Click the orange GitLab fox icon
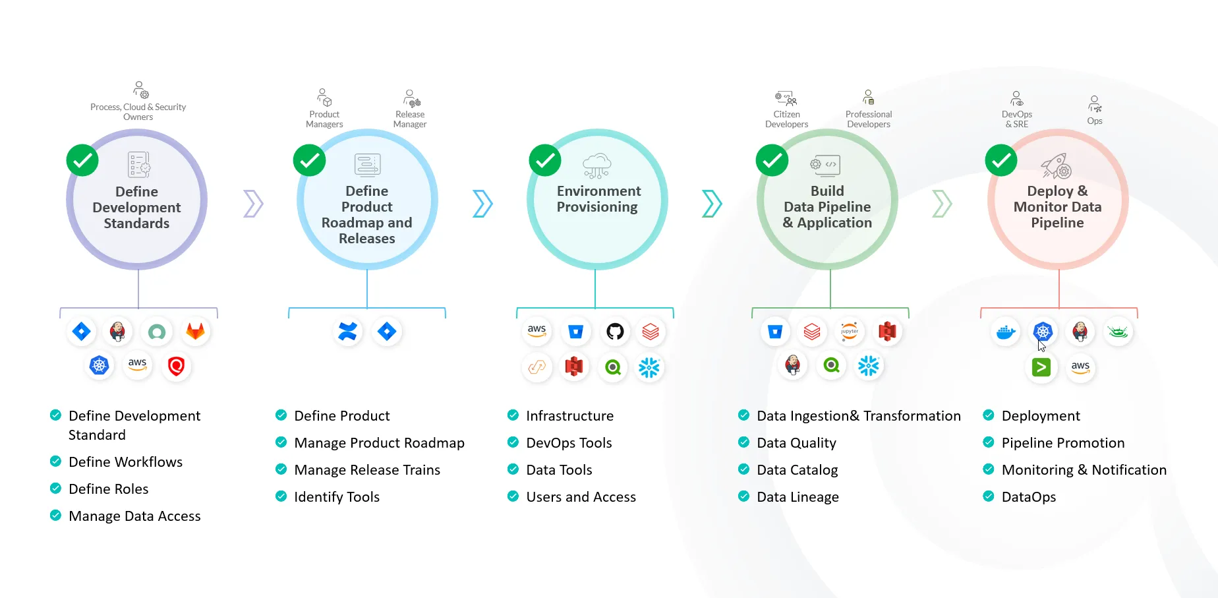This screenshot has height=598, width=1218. tap(195, 331)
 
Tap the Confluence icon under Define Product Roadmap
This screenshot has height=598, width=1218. tap(347, 331)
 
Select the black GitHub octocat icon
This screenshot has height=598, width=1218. tap(614, 331)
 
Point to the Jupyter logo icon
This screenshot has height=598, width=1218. tap(850, 331)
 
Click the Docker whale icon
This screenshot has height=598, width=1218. tap(1006, 332)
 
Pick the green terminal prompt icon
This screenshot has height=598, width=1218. tap(1041, 367)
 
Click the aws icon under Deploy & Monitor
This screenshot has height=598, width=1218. tap(1080, 367)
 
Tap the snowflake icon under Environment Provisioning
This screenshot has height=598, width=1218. tap(649, 367)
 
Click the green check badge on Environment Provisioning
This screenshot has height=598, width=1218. tap(545, 160)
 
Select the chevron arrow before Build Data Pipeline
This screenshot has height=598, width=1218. tap(712, 204)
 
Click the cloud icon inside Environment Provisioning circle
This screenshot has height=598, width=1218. tap(597, 165)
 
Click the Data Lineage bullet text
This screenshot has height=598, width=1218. tap(797, 497)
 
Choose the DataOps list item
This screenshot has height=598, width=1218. tap(1028, 497)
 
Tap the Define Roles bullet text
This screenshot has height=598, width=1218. tap(109, 489)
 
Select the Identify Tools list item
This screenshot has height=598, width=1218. tap(337, 497)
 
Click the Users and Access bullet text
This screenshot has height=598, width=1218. tap(581, 497)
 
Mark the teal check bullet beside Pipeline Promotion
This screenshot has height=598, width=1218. tap(989, 442)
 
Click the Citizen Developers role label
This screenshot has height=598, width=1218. tap(786, 119)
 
